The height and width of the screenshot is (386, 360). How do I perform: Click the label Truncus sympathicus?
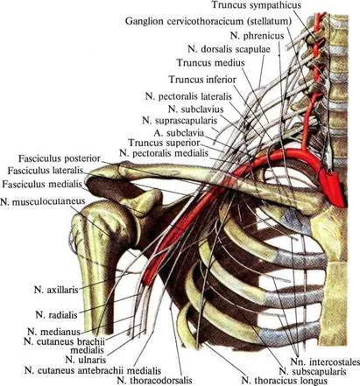coord(256,5)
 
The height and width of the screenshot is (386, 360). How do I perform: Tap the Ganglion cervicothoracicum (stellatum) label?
coord(208,21)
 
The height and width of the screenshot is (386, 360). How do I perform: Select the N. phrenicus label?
coord(257,36)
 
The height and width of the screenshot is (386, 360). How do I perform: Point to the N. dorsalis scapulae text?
coord(229,49)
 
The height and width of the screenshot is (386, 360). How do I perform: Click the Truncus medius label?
coord(210,62)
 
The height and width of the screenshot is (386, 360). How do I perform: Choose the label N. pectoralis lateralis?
coord(188,96)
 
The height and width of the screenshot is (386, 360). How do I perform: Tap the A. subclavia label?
coord(179,133)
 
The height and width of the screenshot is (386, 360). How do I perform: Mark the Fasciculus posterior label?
coord(60,158)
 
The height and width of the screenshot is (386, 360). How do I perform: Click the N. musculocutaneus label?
coord(43,201)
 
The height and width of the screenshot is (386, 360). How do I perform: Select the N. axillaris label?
coord(56,290)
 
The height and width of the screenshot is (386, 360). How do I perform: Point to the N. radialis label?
coord(57,314)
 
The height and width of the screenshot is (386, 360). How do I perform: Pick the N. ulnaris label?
coord(86,360)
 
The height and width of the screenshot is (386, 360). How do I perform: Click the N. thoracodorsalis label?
coord(154,380)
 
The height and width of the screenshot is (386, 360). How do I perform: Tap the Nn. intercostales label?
coord(325,361)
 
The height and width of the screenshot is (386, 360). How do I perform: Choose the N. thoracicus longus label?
coord(285,381)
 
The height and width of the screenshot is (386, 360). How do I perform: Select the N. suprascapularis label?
coord(180,120)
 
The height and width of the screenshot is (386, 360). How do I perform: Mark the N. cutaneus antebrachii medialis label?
coord(93,370)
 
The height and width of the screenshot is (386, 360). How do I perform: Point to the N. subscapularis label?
coord(313,371)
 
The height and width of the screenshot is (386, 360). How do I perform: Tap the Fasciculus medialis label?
coord(42,185)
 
